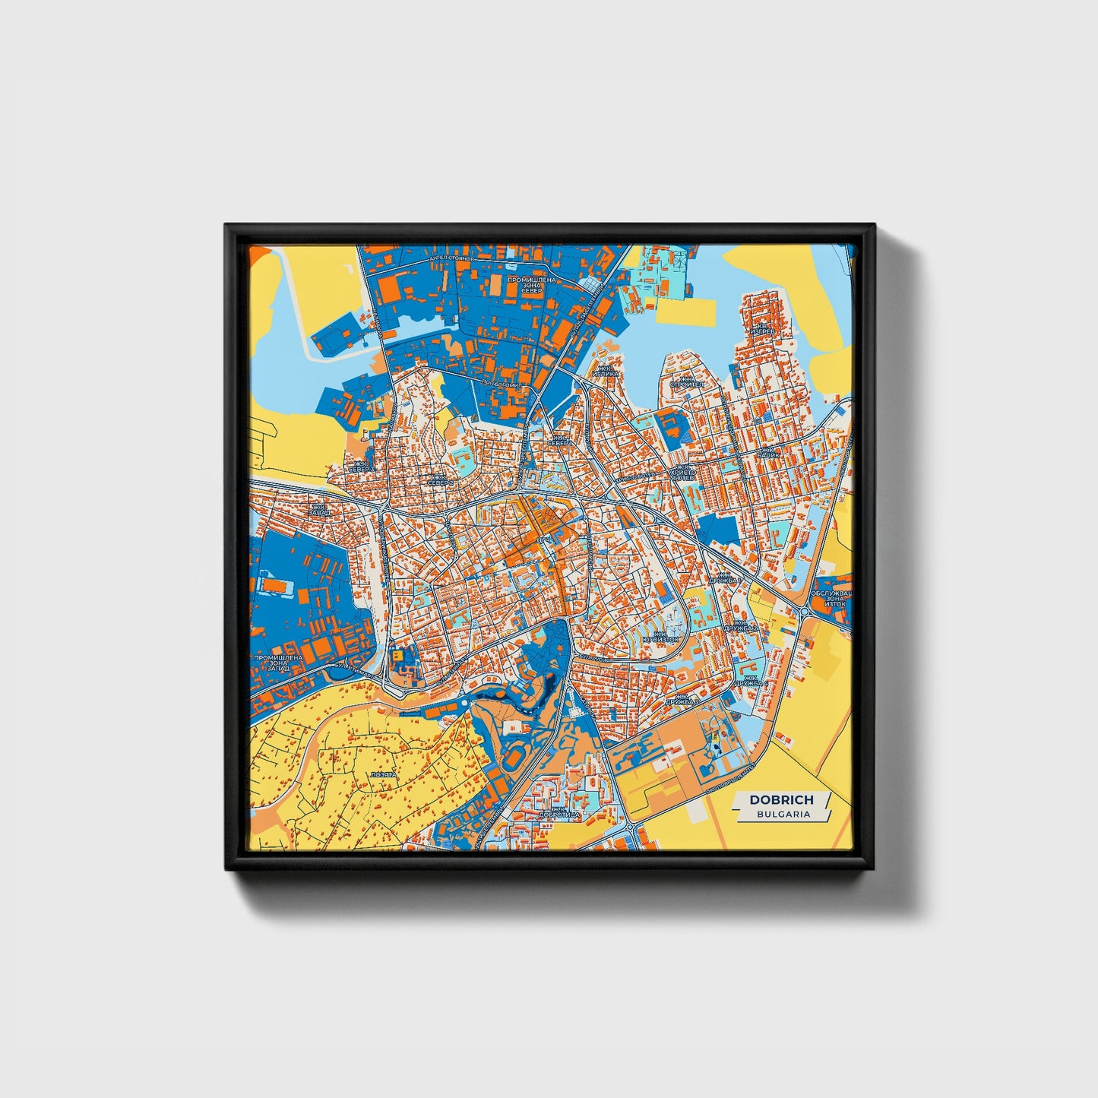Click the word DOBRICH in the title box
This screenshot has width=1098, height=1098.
click(781, 799)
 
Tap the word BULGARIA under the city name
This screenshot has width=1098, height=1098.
click(783, 814)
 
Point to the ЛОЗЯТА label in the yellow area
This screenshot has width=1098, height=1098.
click(382, 775)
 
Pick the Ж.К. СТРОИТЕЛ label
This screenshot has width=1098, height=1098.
click(687, 381)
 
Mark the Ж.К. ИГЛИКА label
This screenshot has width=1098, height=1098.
click(606, 371)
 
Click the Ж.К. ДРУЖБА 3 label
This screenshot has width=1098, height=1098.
click(682, 700)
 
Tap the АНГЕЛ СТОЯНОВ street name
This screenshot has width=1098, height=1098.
click(451, 258)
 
